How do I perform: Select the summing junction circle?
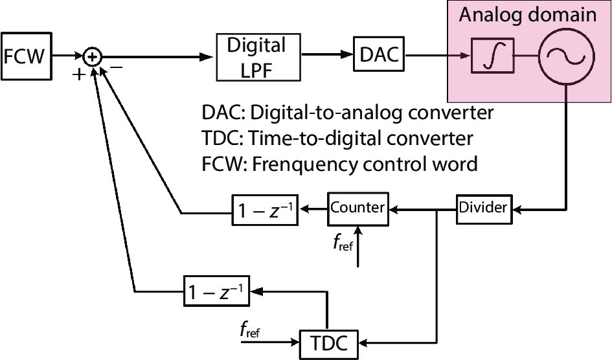pyautogui.click(x=94, y=58)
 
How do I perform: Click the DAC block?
pyautogui.click(x=378, y=57)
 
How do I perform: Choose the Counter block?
pyautogui.click(x=358, y=208)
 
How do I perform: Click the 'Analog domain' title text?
pyautogui.click(x=528, y=16)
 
